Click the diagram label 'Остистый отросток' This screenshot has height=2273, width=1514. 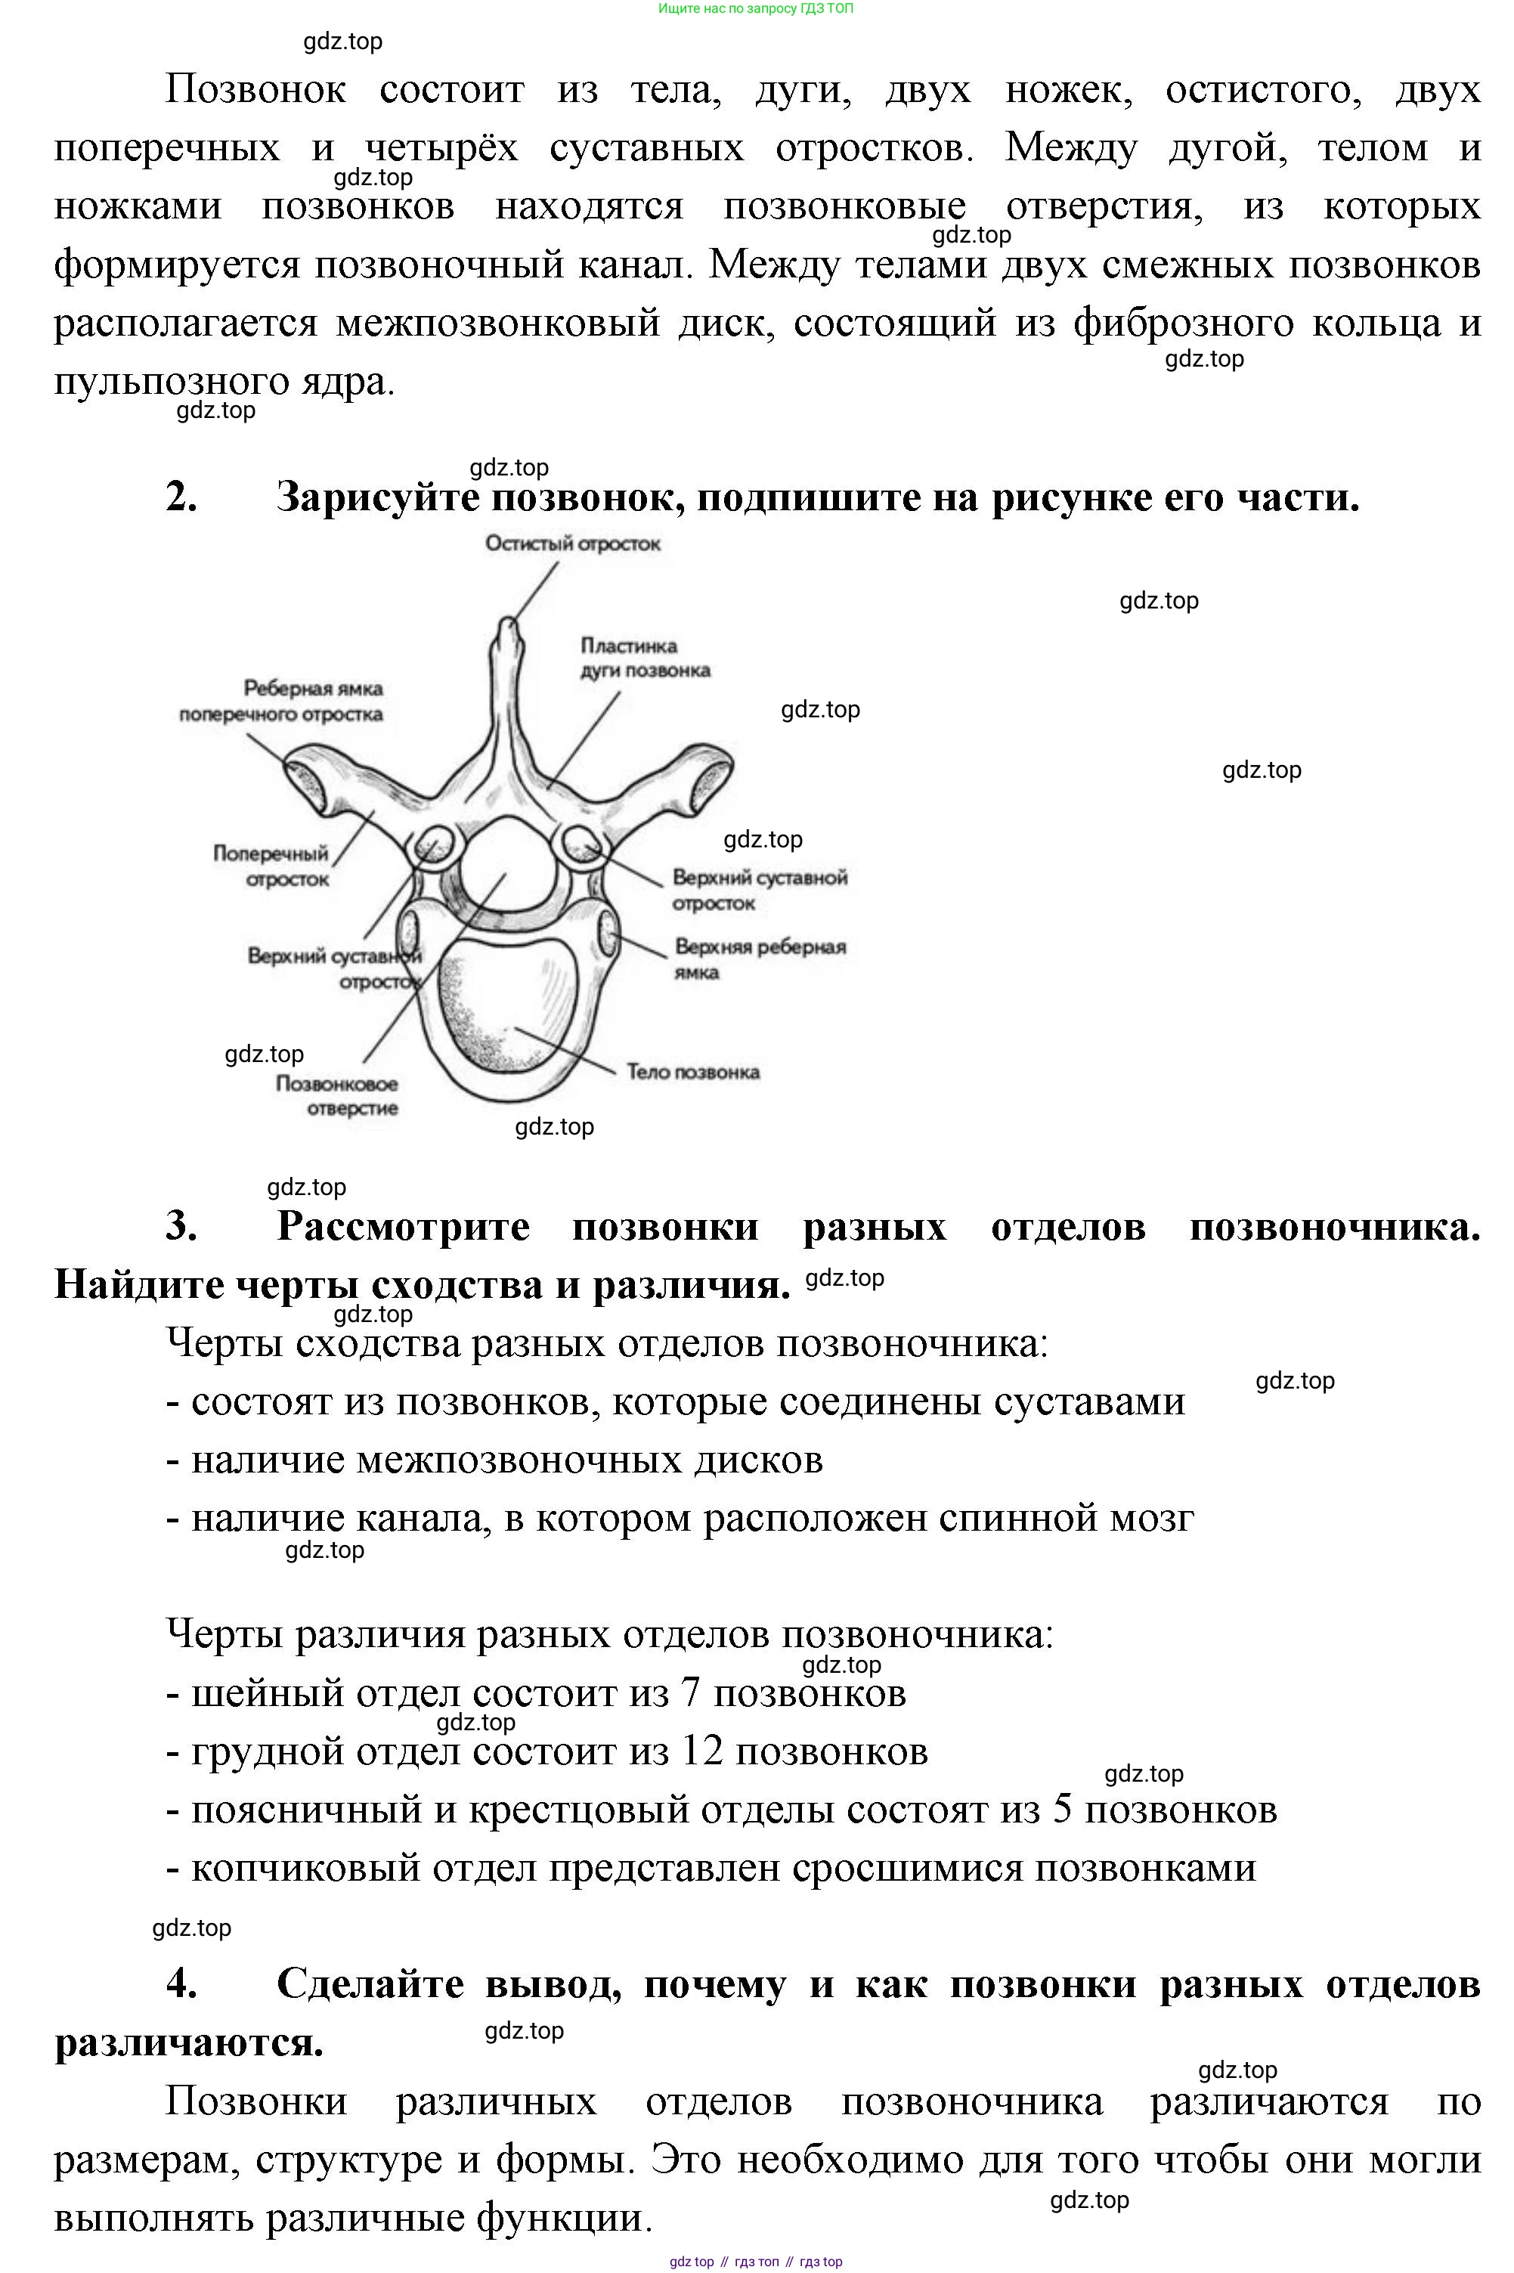573,543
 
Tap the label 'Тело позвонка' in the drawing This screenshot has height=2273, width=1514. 692,1071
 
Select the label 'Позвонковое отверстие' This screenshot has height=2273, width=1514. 337,1096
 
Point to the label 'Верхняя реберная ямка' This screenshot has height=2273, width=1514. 759,958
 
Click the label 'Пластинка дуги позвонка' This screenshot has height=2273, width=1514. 644,658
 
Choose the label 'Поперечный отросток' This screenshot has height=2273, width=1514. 271,866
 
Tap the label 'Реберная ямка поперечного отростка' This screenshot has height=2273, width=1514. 281,701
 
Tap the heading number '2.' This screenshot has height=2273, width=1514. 181,497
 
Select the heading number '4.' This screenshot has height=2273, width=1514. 181,1983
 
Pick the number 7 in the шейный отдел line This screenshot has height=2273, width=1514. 689,1694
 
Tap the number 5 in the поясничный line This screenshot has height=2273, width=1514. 1061,1810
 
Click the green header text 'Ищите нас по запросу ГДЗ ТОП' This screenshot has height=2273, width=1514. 756,8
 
